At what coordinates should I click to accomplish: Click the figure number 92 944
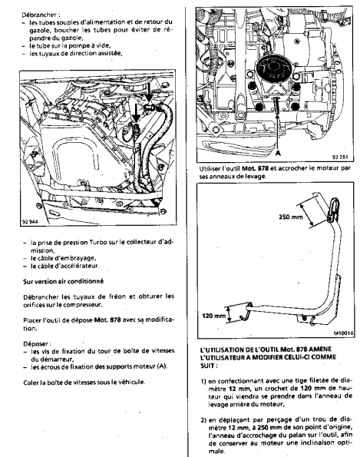click(30, 222)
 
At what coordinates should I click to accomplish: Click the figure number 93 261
click(340, 157)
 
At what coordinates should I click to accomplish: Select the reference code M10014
click(344, 333)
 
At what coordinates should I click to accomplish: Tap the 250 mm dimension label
click(290, 217)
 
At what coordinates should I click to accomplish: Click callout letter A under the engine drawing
click(278, 153)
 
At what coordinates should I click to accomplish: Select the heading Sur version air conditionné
click(64, 282)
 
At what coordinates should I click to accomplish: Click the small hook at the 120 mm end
click(245, 315)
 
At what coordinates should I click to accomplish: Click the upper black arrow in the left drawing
click(149, 92)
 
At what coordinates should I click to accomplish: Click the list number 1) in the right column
click(203, 381)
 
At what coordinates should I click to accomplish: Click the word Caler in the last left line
click(30, 382)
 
